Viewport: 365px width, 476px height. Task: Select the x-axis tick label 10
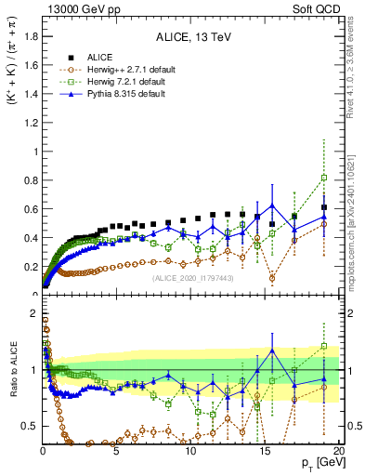tap(189, 451)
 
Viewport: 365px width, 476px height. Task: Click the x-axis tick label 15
tap(264, 451)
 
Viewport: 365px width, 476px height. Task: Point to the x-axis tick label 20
tap(337, 451)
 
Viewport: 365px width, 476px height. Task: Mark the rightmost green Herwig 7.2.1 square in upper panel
tap(323, 178)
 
